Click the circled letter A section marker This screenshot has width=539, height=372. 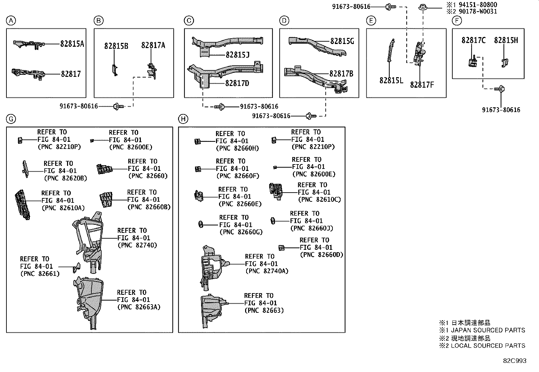click(11, 21)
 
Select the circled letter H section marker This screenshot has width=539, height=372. click(183, 119)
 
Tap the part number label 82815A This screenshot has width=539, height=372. click(72, 44)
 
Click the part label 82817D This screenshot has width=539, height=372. click(237, 83)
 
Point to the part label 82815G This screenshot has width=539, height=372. click(342, 41)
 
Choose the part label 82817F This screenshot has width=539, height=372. click(422, 85)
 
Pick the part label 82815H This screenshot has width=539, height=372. click(506, 41)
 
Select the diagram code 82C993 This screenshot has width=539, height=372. click(514, 361)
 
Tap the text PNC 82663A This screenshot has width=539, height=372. click(139, 307)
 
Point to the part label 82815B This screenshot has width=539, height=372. click(116, 46)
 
